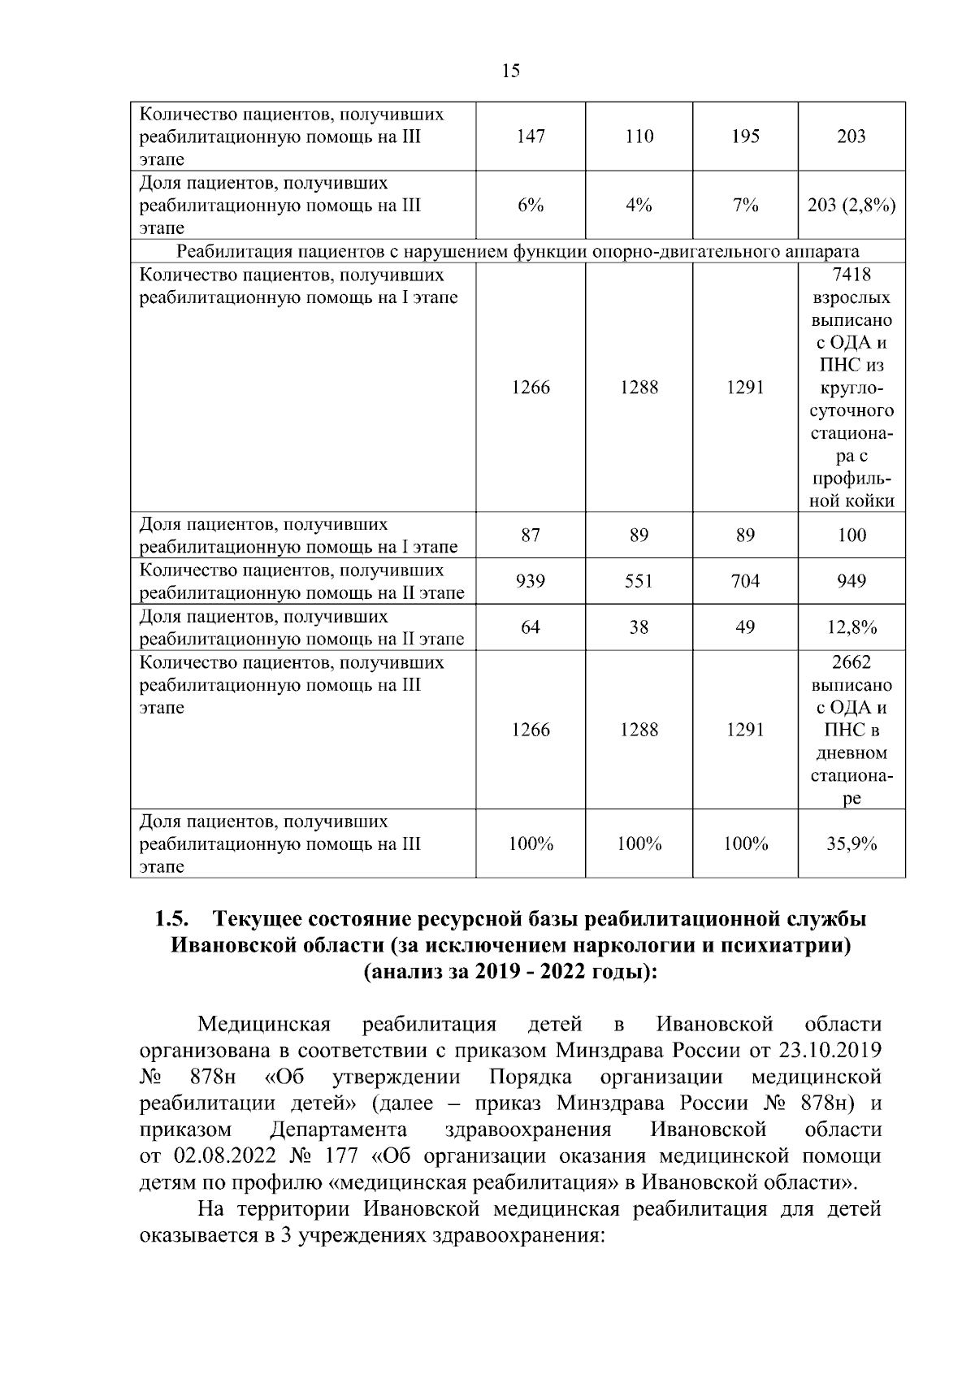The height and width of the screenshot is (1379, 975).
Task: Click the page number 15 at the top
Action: [x=511, y=71]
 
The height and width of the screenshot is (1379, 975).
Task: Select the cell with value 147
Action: [x=531, y=137]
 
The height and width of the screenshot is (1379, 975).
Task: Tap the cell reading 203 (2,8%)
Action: [x=851, y=206]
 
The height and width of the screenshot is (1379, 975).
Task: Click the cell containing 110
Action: [x=639, y=137]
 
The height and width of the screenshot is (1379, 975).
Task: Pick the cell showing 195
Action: [x=745, y=137]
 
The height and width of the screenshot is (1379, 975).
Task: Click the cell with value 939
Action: [x=531, y=581]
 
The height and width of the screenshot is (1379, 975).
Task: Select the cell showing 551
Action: [x=639, y=581]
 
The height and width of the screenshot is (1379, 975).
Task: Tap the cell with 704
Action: [x=745, y=581]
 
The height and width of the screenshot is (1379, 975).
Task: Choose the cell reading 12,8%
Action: [x=851, y=627]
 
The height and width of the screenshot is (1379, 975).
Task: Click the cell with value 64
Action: [x=531, y=627]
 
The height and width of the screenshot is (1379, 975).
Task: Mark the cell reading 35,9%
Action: [x=851, y=844]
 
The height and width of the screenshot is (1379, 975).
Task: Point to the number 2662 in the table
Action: [x=851, y=662]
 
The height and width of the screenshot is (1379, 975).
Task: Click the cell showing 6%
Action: [x=531, y=206]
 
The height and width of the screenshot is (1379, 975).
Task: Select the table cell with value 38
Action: [x=639, y=627]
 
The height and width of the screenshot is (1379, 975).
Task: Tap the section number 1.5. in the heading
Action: [x=172, y=919]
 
